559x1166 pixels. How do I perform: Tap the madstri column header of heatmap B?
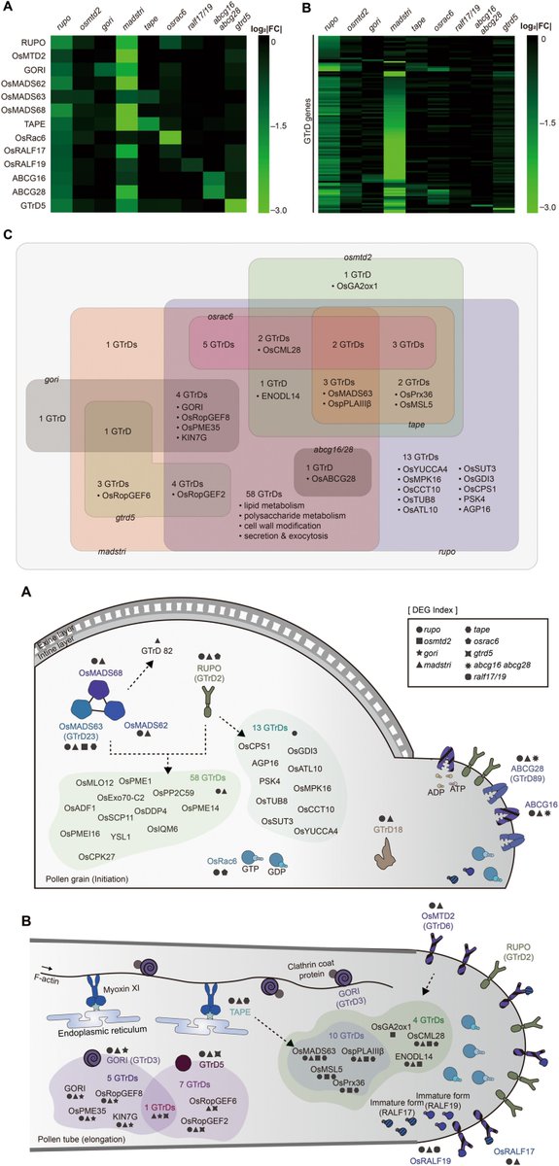pyautogui.click(x=394, y=23)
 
